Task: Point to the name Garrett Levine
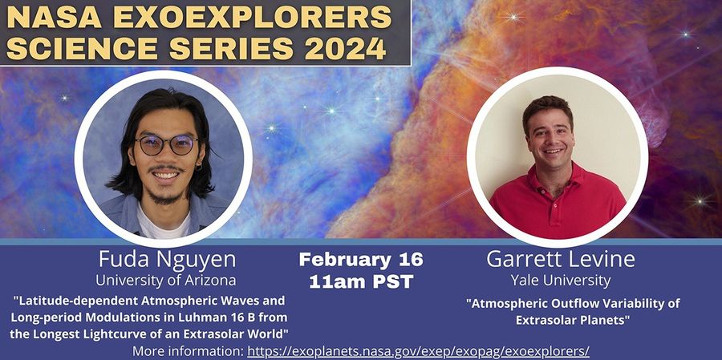click(x=560, y=260)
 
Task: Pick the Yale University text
click(x=560, y=281)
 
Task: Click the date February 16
click(x=360, y=260)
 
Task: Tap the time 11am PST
click(x=360, y=281)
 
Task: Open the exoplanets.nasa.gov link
click(x=418, y=351)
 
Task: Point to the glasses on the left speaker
click(x=166, y=145)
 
